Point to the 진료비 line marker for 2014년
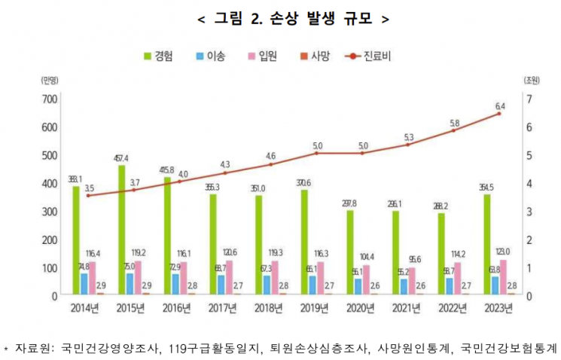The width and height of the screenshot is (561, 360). [89, 196]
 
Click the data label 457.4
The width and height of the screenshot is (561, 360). [120, 158]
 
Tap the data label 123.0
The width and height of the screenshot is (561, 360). [504, 252]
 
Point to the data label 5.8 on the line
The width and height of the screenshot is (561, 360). [453, 123]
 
